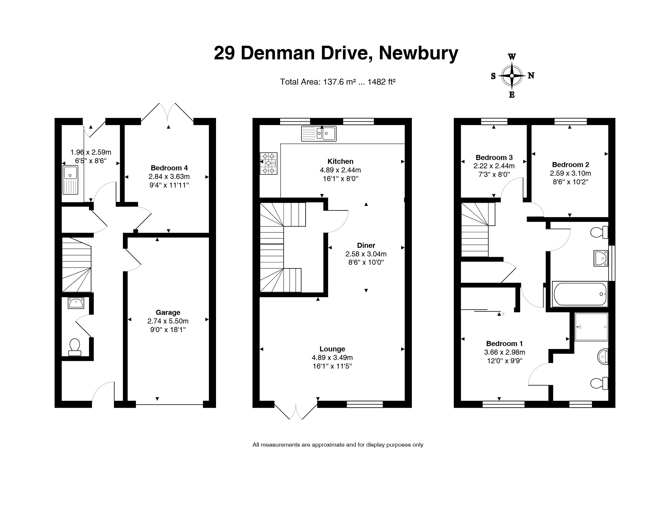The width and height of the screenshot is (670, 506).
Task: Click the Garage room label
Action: coord(168,313)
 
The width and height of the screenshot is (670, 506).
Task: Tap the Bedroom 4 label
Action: coord(169,168)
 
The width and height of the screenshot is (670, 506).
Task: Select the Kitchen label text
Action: coord(340,161)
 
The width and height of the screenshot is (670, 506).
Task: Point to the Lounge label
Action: coord(332,349)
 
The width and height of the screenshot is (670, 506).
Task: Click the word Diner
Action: coord(366,245)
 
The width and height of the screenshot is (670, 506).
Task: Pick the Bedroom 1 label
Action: coord(504,344)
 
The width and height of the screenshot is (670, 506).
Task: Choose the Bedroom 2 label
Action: coord(570,165)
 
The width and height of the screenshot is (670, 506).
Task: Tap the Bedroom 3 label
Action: coord(494,158)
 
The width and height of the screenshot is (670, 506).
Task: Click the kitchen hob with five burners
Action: coord(268,163)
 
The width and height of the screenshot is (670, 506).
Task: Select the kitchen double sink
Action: coord(319,134)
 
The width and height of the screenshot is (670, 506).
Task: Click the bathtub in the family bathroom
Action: coord(580,294)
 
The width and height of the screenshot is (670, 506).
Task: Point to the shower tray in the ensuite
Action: coord(591,327)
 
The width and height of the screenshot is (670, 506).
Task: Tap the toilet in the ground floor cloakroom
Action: coord(75,347)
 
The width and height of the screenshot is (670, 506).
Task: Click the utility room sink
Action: coord(70,180)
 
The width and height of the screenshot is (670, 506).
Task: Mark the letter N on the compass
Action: coord(531,75)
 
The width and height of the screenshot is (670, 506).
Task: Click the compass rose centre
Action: coord(512,75)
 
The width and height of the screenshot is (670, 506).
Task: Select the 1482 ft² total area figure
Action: coord(382,82)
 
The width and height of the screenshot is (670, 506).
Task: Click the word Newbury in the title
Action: coord(418,53)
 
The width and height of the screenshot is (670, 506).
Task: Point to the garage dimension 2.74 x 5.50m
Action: coord(168,321)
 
